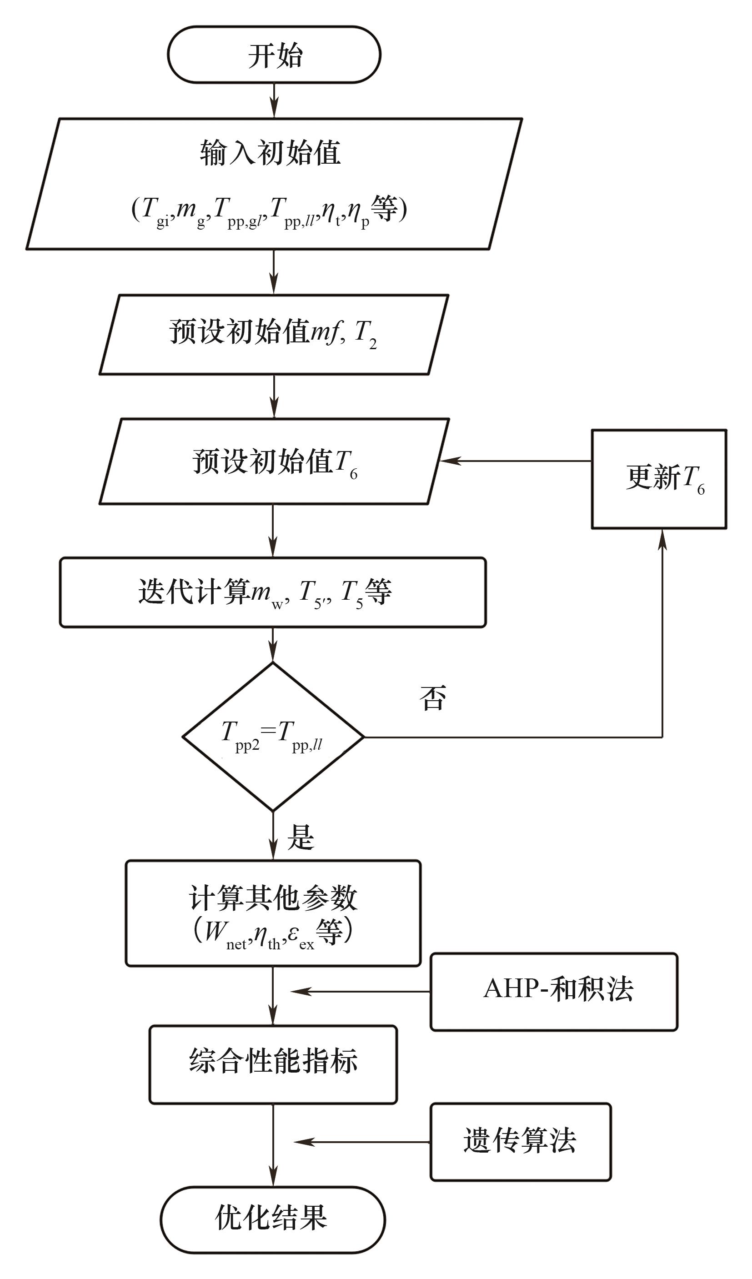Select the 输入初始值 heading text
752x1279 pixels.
coord(270,153)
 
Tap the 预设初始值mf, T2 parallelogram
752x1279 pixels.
coord(274,335)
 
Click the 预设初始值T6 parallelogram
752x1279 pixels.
coord(274,461)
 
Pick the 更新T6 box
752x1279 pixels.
coord(659,479)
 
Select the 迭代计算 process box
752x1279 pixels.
coord(273,592)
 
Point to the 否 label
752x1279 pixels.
coord(433,698)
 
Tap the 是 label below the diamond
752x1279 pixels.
coord(301,838)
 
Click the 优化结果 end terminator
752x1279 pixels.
coord(273,1219)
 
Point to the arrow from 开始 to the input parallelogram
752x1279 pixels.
coord(274,100)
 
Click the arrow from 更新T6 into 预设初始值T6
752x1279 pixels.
coord(515,461)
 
